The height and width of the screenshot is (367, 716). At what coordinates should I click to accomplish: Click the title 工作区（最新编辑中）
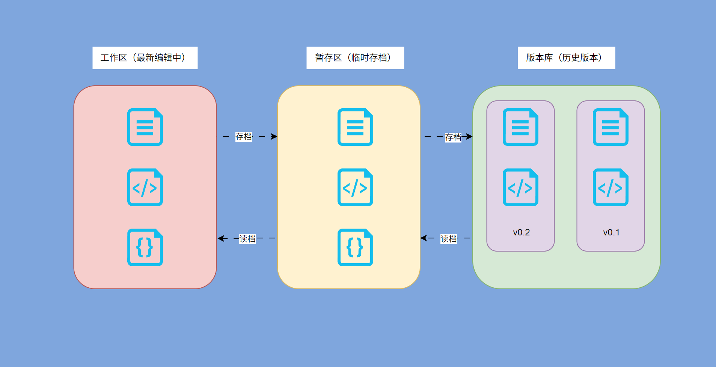(x=145, y=58)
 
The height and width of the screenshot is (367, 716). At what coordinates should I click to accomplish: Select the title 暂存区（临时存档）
(x=355, y=58)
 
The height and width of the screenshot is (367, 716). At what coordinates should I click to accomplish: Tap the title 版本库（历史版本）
(x=566, y=58)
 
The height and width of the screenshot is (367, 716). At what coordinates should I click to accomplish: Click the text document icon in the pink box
(x=145, y=127)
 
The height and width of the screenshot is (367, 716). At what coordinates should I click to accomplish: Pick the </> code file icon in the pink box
(x=145, y=187)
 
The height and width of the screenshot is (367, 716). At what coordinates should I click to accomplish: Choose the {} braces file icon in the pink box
(x=145, y=247)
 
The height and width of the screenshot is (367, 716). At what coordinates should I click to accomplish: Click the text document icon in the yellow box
(x=355, y=127)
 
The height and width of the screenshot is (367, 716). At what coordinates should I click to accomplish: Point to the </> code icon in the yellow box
(x=355, y=187)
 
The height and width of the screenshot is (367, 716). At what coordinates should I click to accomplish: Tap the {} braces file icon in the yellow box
(x=355, y=247)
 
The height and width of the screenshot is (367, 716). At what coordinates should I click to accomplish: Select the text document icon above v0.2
(x=520, y=127)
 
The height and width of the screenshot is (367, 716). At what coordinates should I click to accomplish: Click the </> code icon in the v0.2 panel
(x=520, y=187)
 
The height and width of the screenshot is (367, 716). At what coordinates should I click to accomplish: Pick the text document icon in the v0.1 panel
(x=610, y=127)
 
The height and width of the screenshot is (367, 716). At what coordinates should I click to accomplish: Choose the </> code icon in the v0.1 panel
(x=610, y=187)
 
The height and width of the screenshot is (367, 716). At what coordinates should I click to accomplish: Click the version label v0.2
(x=521, y=232)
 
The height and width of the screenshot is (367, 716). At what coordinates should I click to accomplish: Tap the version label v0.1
(x=611, y=232)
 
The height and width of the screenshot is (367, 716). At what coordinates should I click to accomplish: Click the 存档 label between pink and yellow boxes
(x=244, y=136)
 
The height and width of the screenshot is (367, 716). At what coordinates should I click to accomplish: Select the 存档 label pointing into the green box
(x=453, y=137)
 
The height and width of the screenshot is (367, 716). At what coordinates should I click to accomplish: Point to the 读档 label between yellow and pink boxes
(x=247, y=239)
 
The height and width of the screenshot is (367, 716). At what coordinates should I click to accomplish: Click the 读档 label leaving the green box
(x=449, y=239)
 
